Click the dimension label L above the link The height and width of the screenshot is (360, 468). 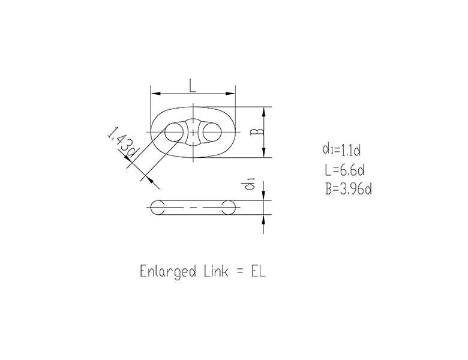[193, 85]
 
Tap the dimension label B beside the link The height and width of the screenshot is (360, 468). [257, 131]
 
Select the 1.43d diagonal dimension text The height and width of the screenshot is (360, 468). [122, 142]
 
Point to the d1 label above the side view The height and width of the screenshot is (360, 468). [250, 184]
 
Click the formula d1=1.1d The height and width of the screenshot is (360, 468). [341, 149]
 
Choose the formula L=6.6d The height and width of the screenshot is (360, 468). [345, 170]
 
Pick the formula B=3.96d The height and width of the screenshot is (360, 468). [349, 189]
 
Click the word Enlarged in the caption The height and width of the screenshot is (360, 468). [168, 272]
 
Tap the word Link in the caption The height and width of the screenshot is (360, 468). [217, 271]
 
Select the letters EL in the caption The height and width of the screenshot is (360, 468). [259, 271]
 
